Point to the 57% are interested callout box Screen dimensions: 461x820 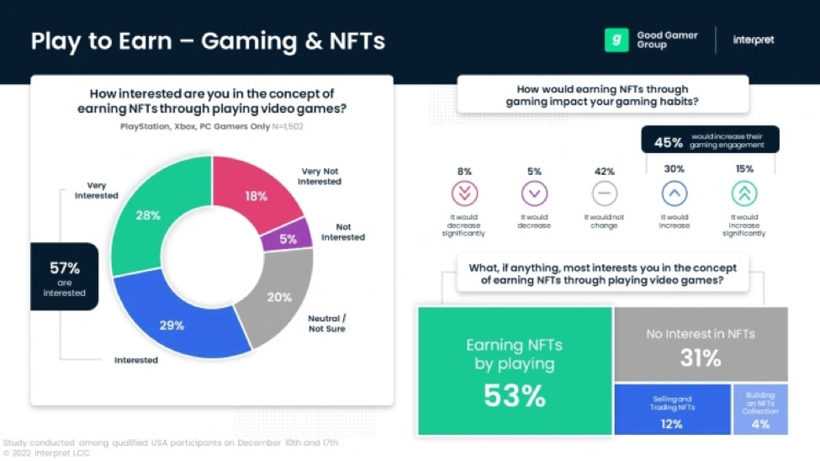pyautogui.click(x=64, y=277)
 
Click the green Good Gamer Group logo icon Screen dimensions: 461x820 pyautogui.click(x=616, y=40)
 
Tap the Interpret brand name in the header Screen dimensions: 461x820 pyautogui.click(x=754, y=40)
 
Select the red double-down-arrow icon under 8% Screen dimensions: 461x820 pyautogui.click(x=464, y=194)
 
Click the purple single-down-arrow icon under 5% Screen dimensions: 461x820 pyautogui.click(x=534, y=194)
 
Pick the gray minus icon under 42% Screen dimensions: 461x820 pyautogui.click(x=604, y=194)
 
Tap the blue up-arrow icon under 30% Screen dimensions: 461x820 pyautogui.click(x=674, y=194)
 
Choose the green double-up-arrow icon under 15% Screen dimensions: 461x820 pyautogui.click(x=743, y=194)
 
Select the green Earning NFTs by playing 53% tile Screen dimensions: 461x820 pyautogui.click(x=515, y=371)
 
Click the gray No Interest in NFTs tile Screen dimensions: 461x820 pyautogui.click(x=701, y=345)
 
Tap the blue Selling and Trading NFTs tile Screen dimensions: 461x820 pyautogui.click(x=672, y=410)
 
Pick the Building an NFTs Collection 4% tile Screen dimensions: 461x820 pyautogui.click(x=760, y=410)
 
